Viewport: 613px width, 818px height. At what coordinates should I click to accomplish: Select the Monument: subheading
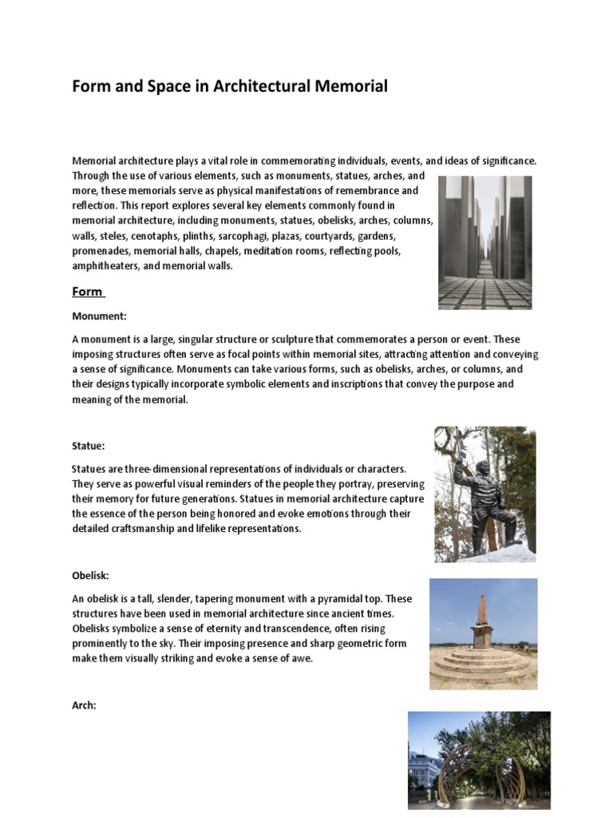[99, 316]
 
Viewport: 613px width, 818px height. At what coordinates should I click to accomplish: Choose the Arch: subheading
[85, 706]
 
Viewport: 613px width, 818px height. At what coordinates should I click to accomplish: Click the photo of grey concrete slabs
[485, 242]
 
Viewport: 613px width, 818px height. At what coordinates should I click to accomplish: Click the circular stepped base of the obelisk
[482, 664]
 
